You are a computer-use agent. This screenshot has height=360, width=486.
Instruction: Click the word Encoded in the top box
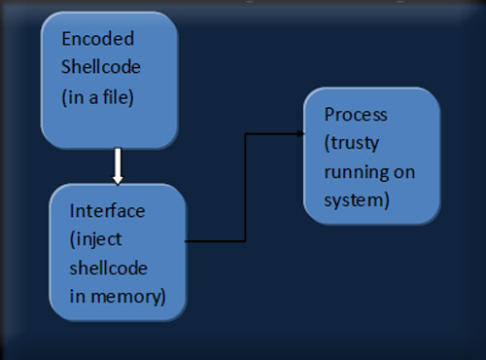click(x=98, y=39)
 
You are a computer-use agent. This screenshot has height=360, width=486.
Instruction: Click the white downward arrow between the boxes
click(x=118, y=166)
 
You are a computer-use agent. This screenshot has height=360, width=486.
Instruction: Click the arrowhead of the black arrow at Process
click(x=300, y=135)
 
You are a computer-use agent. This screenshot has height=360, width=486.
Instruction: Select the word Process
click(x=355, y=115)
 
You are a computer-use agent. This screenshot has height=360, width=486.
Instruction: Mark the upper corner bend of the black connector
click(x=246, y=135)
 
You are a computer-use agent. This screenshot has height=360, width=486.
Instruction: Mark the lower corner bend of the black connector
click(x=246, y=238)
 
